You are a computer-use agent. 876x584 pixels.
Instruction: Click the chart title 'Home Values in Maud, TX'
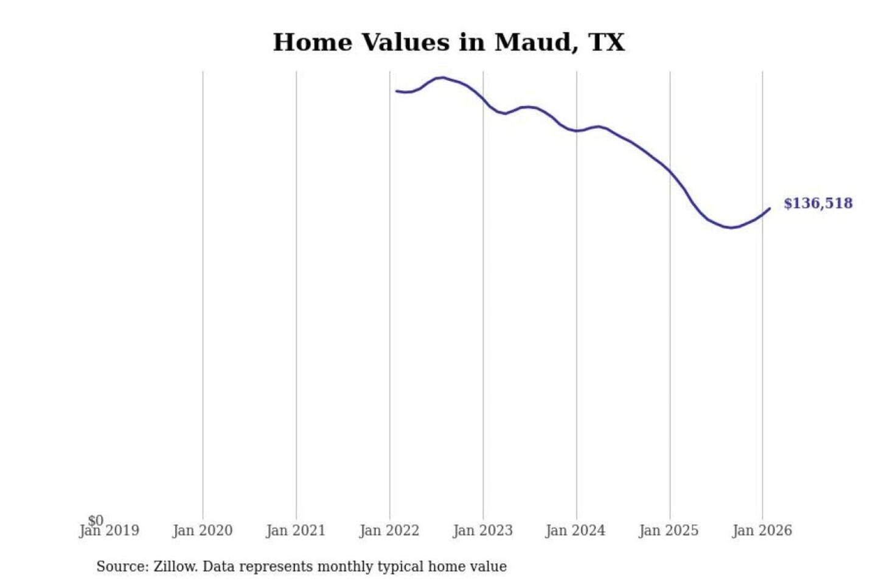pyautogui.click(x=448, y=43)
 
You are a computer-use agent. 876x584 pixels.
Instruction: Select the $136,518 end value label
pyautogui.click(x=818, y=203)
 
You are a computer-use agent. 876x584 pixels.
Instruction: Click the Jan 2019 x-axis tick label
pyautogui.click(x=109, y=531)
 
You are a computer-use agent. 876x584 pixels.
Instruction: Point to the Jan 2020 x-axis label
pyautogui.click(x=203, y=531)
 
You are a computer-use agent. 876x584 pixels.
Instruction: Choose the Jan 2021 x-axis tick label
pyautogui.click(x=296, y=531)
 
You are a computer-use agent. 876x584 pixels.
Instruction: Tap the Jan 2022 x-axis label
pyautogui.click(x=389, y=531)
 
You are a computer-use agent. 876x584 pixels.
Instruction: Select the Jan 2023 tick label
pyautogui.click(x=483, y=531)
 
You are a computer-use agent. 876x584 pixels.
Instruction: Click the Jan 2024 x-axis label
pyautogui.click(x=575, y=531)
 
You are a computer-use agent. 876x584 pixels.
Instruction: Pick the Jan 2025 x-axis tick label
pyautogui.click(x=669, y=531)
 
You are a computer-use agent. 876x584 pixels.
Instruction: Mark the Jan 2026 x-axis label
pyautogui.click(x=762, y=531)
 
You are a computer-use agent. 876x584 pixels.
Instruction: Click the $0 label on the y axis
pyautogui.click(x=96, y=520)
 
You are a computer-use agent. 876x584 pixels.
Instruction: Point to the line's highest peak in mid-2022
pyautogui.click(x=443, y=77)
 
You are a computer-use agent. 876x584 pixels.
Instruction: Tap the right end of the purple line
pyautogui.click(x=770, y=209)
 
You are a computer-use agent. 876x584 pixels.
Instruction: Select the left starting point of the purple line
pyautogui.click(x=397, y=91)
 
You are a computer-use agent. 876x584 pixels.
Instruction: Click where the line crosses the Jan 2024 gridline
pyautogui.click(x=577, y=131)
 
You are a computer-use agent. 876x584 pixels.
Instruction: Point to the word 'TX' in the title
pyautogui.click(x=607, y=43)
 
